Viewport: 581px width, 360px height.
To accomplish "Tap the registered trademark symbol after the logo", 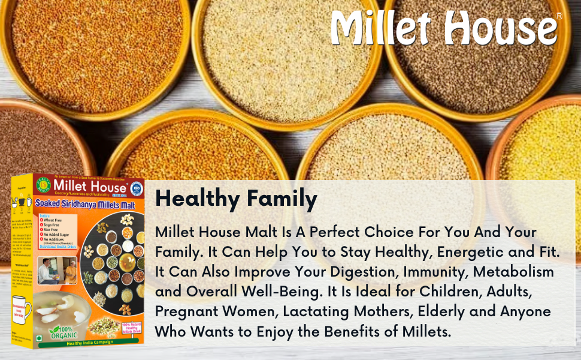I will click(559, 16).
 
